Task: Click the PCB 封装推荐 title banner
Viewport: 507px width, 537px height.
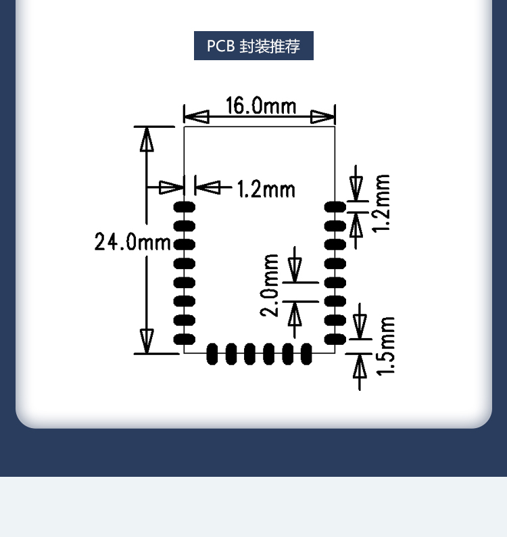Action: click(254, 46)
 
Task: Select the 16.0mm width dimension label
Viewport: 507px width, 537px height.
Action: click(260, 106)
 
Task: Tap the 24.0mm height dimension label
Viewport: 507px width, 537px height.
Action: click(132, 241)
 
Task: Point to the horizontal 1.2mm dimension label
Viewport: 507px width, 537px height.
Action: click(266, 189)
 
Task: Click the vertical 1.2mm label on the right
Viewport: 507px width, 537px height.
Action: click(383, 203)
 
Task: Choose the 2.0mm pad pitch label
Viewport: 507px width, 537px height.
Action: click(270, 285)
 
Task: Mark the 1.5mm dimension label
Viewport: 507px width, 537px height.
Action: click(385, 346)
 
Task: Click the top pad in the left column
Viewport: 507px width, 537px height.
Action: click(184, 206)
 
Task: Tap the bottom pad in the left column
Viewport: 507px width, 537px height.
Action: click(184, 339)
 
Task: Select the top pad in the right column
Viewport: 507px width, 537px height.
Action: click(335, 206)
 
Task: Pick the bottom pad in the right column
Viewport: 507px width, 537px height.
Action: click(335, 338)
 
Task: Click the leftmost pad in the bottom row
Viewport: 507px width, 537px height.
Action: click(212, 353)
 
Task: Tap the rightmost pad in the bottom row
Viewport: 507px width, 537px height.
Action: click(306, 353)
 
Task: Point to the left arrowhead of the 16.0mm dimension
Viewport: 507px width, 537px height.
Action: click(196, 117)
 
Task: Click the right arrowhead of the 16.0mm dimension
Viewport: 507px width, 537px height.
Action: click(323, 117)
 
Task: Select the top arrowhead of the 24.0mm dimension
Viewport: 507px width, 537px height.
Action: click(147, 139)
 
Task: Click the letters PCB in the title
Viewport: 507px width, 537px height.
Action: click(220, 47)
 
